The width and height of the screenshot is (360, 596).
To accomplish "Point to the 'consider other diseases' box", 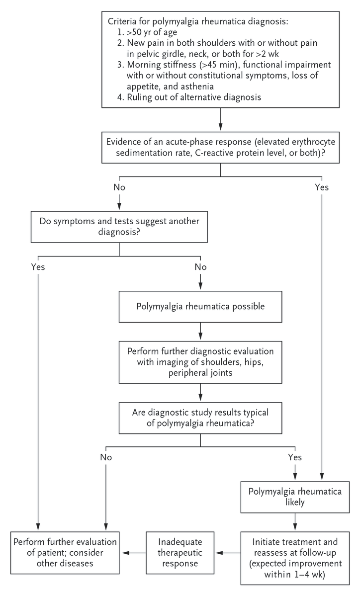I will tap(66, 553).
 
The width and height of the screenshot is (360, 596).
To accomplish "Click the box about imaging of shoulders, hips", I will tap(199, 360).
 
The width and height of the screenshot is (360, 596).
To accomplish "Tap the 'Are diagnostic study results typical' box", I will tap(199, 417).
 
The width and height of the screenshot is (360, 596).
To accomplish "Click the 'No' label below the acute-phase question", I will tap(119, 187).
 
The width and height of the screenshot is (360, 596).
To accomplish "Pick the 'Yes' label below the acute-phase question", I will tap(322, 187).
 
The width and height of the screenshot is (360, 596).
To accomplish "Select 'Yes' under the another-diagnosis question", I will tap(37, 267).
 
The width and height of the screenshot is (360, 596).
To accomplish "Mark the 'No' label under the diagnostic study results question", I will tap(105, 456).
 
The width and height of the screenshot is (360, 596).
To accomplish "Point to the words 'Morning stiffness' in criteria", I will tap(158, 66).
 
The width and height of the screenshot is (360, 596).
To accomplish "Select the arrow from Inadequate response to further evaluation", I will tap(133, 552).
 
